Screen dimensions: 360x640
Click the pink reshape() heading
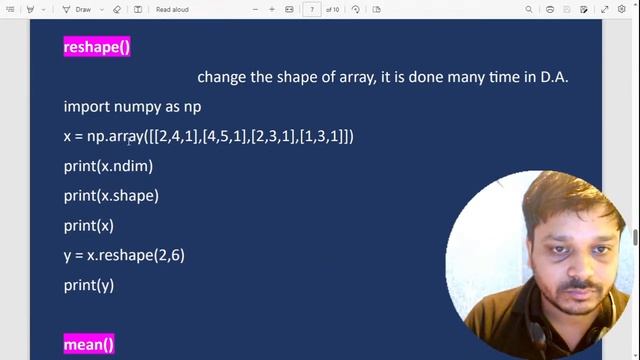click(97, 47)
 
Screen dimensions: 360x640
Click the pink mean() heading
click(89, 345)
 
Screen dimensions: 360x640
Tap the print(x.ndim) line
click(108, 166)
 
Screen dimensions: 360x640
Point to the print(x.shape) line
click(111, 196)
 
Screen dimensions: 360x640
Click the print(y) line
click(89, 285)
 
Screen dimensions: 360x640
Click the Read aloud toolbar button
click(175, 9)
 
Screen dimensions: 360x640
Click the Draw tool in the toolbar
click(79, 9)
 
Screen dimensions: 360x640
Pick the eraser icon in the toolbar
click(117, 9)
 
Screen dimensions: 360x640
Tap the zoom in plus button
click(272, 9)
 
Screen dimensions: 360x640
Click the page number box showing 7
click(313, 9)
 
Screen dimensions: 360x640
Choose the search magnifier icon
click(529, 9)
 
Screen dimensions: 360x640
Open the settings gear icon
click(621, 9)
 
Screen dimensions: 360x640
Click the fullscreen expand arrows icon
click(604, 9)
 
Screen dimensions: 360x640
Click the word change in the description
click(220, 77)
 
